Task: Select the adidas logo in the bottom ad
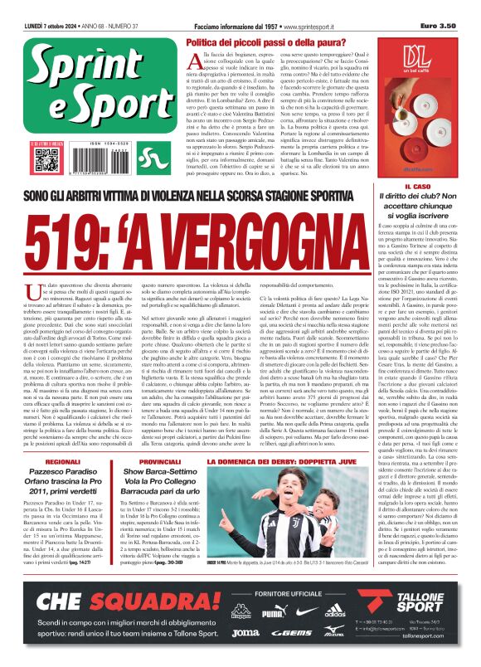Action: point(335,616)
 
